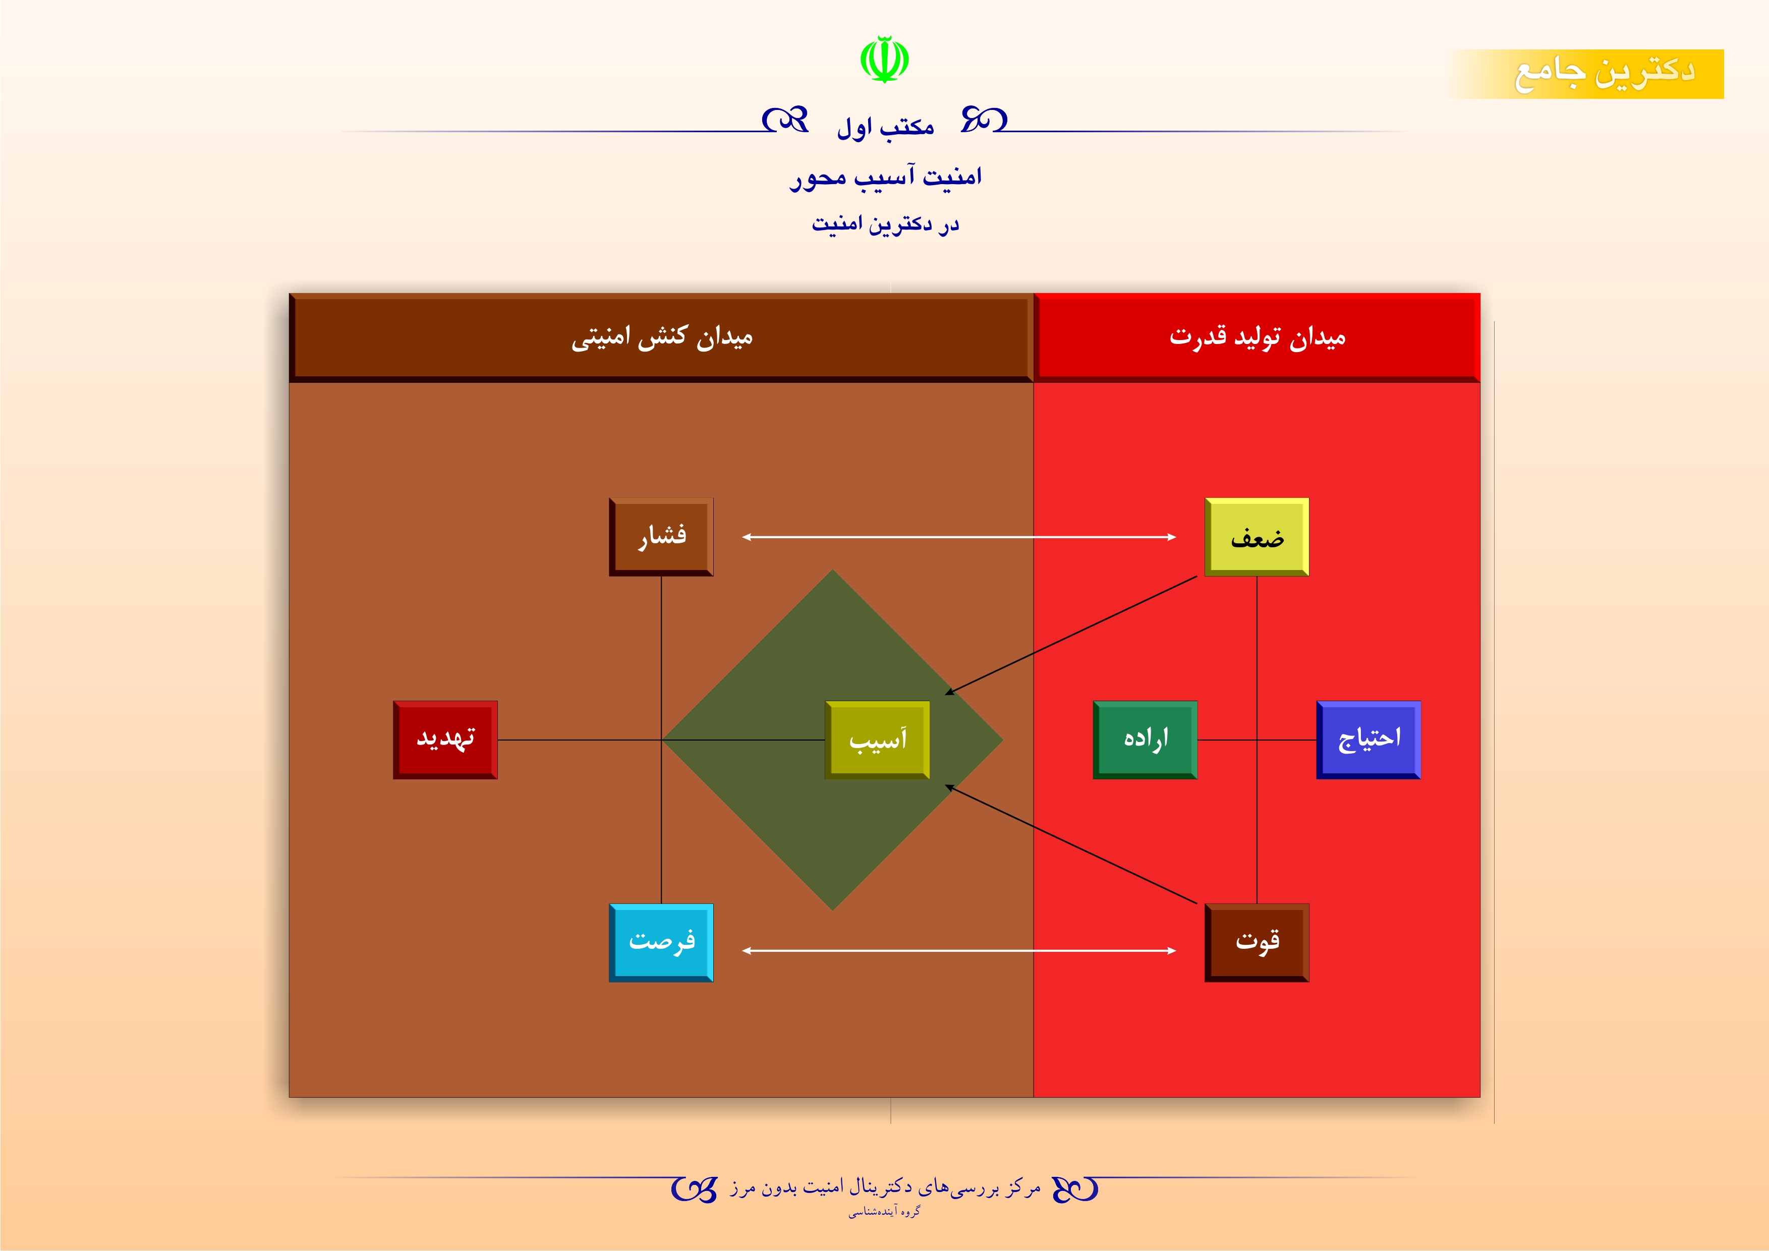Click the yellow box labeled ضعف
tap(1257, 537)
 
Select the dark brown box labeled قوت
tap(1257, 942)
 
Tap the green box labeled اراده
tap(1145, 740)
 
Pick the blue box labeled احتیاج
tap(1368, 740)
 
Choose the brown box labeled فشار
tap(661, 537)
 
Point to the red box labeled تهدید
tap(445, 740)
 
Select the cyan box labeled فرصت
tap(661, 942)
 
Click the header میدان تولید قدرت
tap(1257, 337)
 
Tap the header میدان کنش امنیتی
tap(661, 337)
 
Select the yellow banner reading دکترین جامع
tap(1587, 74)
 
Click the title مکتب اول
tap(885, 126)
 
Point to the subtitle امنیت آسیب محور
tap(885, 177)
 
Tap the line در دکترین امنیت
tap(885, 224)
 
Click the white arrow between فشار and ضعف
tap(959, 537)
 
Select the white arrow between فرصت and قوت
tap(959, 950)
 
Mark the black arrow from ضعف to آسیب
tap(1071, 635)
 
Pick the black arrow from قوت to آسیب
tap(1071, 844)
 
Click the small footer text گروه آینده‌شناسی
tap(885, 1212)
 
